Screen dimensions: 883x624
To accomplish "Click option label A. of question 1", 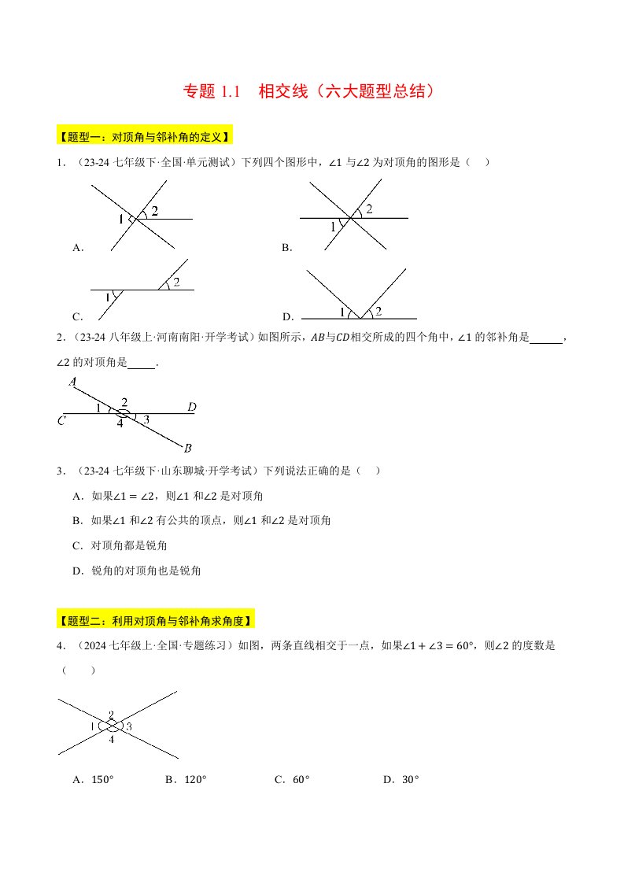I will (x=78, y=248).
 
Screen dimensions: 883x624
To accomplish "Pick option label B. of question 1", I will (x=286, y=248).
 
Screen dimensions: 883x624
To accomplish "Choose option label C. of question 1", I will (x=77, y=317).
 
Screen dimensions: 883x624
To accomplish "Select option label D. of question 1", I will (x=287, y=317).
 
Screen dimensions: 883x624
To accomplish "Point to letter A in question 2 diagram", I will (x=72, y=382).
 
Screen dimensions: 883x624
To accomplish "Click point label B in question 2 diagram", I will (x=187, y=449).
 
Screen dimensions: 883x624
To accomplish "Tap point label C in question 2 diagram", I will (x=61, y=420).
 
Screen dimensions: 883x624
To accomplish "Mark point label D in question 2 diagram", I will (x=191, y=408).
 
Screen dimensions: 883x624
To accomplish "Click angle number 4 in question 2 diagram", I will (x=120, y=423).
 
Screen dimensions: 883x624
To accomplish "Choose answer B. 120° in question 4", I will (x=186, y=779).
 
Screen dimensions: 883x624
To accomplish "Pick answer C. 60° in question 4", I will (x=292, y=779).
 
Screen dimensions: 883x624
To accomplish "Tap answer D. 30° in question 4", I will (x=401, y=779).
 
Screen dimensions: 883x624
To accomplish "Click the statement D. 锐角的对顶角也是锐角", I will (x=136, y=571).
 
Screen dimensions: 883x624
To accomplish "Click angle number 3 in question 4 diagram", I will (x=128, y=726).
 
